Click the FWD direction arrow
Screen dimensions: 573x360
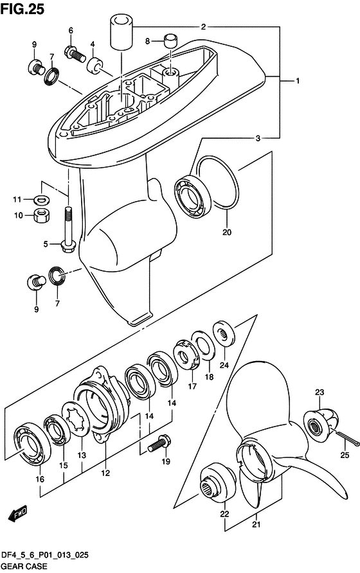(x=17, y=514)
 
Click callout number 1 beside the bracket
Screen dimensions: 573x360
(x=298, y=82)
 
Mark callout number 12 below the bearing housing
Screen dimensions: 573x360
(x=105, y=473)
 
